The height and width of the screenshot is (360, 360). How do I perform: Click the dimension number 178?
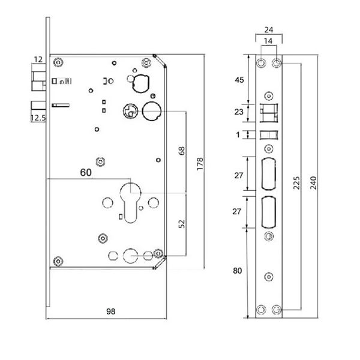(x=200, y=164)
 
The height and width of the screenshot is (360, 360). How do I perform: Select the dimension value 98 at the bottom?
(x=110, y=311)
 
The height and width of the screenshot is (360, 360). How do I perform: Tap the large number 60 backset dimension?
(x=86, y=172)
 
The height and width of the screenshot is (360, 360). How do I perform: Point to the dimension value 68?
(x=181, y=151)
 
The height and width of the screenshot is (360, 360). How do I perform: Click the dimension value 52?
(x=181, y=224)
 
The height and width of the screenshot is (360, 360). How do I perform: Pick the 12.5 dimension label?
(x=38, y=118)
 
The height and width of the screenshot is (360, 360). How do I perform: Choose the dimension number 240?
(x=313, y=183)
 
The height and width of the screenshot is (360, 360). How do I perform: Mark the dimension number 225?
(x=296, y=183)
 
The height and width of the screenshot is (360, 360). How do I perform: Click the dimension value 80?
(x=237, y=271)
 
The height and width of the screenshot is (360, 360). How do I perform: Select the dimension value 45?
(x=239, y=80)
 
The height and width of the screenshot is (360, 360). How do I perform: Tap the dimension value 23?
(x=239, y=112)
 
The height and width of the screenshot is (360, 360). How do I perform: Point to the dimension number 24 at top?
(x=269, y=29)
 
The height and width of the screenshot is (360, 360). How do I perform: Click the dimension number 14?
(x=268, y=41)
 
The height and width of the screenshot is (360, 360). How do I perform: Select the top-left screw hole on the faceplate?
(x=261, y=62)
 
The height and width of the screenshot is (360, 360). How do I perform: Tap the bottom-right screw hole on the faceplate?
(x=277, y=310)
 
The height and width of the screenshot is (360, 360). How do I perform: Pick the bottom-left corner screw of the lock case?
(x=58, y=261)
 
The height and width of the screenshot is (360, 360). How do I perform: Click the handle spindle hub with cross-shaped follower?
(x=130, y=112)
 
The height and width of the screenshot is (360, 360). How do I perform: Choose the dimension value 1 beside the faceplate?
(x=238, y=134)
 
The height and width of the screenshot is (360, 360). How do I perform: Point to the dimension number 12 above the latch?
(x=38, y=59)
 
